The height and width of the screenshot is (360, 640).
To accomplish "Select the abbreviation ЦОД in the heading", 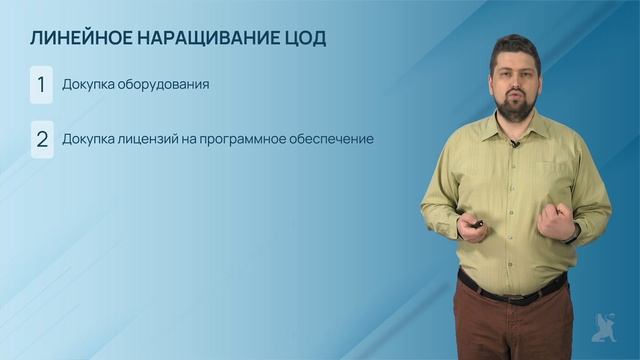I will pos(304,39).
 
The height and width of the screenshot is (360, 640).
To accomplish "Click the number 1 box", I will pos(41,85).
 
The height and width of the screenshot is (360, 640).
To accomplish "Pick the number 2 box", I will pos(41,139).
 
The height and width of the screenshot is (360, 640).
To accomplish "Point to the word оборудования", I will pos(161,85).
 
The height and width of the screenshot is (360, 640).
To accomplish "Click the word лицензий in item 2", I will pos(148,139).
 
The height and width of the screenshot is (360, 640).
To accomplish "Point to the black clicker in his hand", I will pos(478,224).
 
